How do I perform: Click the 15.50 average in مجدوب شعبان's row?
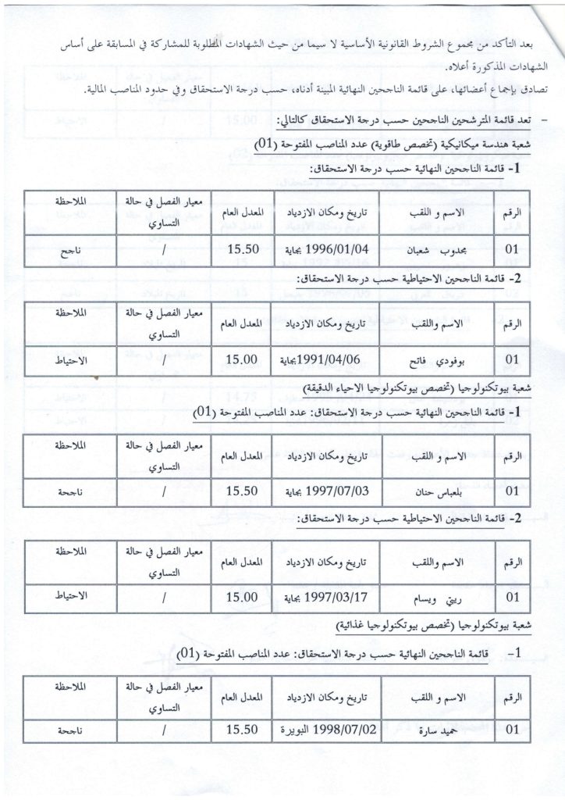(x=241, y=252)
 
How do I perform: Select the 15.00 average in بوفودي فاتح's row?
(x=241, y=361)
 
